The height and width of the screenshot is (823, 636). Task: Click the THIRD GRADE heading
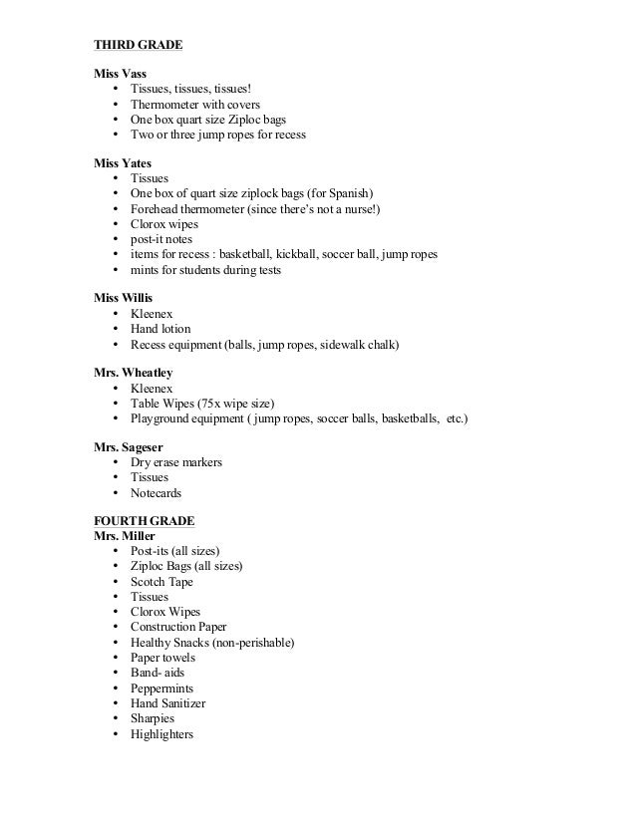pyautogui.click(x=138, y=45)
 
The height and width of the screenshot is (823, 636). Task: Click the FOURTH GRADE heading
pyautogui.click(x=144, y=521)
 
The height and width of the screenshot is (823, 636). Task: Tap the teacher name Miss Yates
pyautogui.click(x=123, y=162)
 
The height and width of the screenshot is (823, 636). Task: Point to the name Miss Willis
pyautogui.click(x=124, y=299)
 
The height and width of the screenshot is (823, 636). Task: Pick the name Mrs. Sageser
pyautogui.click(x=129, y=447)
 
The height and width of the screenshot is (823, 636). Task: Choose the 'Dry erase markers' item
pyautogui.click(x=175, y=462)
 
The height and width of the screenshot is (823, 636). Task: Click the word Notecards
pyautogui.click(x=156, y=492)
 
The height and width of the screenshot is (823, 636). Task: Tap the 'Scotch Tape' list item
pyautogui.click(x=161, y=582)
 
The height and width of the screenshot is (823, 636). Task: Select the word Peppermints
pyautogui.click(x=161, y=688)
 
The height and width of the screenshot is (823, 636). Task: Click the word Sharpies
pyautogui.click(x=152, y=718)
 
